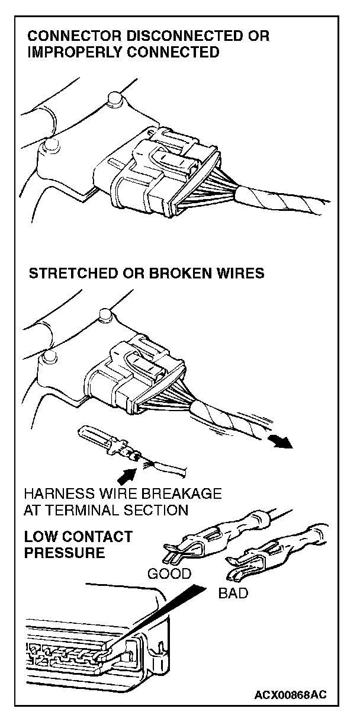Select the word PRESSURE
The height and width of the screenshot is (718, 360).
65,553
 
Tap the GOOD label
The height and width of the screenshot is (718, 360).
169,573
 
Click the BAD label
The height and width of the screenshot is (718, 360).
233,593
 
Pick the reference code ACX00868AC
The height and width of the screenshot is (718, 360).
291,694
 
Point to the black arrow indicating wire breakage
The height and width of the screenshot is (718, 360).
126,473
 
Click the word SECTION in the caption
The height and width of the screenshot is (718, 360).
159,509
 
